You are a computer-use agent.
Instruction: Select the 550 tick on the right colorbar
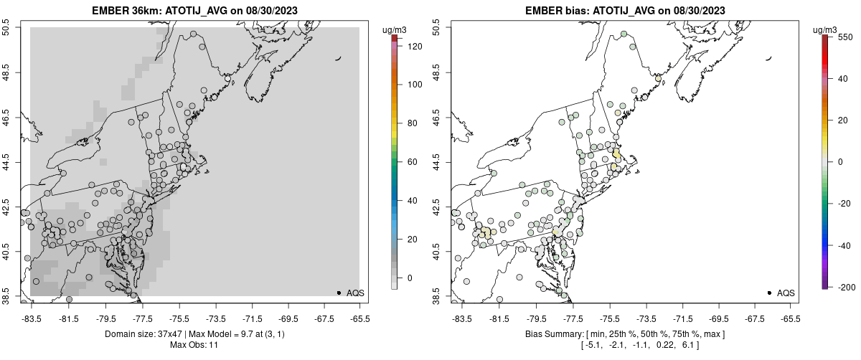(x=844, y=37)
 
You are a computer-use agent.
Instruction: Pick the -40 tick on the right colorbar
(x=844, y=245)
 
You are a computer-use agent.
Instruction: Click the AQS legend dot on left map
(x=339, y=293)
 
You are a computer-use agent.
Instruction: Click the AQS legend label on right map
(x=786, y=293)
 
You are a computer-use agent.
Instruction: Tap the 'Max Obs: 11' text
(x=194, y=345)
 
